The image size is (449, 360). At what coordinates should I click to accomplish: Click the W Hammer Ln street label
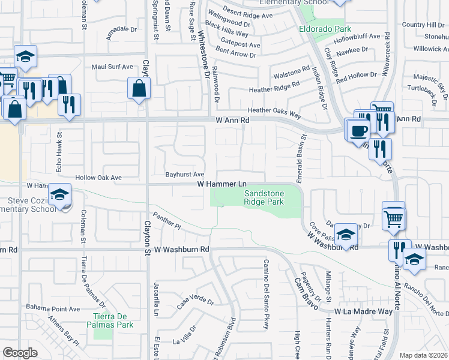tap(222, 184)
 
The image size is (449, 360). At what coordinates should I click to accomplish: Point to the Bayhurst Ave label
tap(185, 174)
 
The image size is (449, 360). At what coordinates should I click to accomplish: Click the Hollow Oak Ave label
tap(98, 178)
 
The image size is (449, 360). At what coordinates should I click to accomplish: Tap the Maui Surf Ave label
tap(112, 67)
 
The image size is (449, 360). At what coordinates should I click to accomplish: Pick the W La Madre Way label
tap(364, 311)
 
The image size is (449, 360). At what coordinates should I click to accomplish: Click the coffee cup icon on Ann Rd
tap(360, 131)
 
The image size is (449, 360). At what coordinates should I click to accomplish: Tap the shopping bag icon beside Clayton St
tap(139, 89)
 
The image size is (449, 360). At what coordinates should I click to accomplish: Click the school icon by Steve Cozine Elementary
tap(60, 195)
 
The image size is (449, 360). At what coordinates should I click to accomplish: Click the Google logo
tap(20, 353)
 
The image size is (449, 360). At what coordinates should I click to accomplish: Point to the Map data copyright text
tap(423, 355)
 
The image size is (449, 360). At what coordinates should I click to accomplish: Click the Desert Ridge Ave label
tap(247, 14)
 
